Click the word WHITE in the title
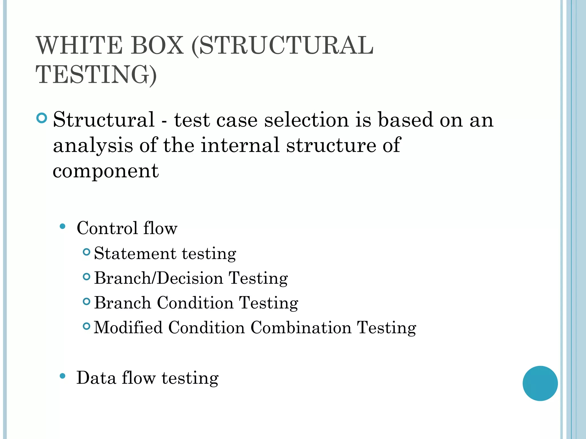[79, 46]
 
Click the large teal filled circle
[540, 383]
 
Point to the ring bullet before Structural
[42, 118]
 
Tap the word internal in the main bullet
[240, 145]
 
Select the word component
[106, 171]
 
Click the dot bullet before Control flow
[62, 227]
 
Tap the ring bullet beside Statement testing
[86, 252]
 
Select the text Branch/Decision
[159, 278]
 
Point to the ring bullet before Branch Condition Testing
[86, 301]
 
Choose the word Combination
[301, 328]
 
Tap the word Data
[96, 378]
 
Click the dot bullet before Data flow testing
[62, 376]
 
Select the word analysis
[93, 145]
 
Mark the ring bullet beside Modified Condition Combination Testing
[86, 326]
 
